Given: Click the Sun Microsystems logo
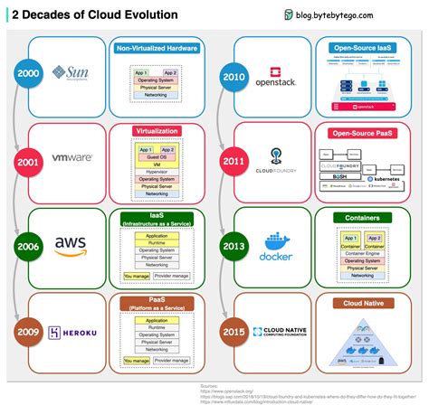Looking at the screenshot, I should click(x=70, y=71).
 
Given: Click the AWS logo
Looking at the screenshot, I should click(x=70, y=244).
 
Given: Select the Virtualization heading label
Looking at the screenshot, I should click(x=156, y=130).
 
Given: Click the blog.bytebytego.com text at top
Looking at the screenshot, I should click(x=357, y=15).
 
